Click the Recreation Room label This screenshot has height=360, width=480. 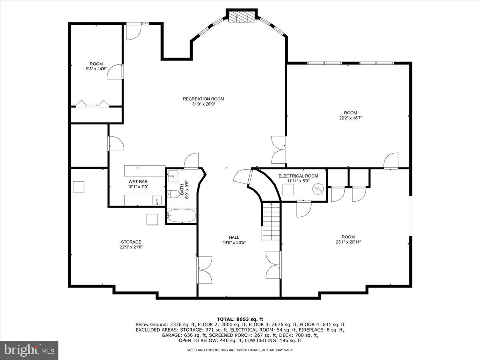pos(203,99)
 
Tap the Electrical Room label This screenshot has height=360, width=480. pos(298,176)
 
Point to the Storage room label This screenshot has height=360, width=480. pos(131,242)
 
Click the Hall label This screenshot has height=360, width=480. pos(234,237)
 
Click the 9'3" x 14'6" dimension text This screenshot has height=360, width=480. pos(96,69)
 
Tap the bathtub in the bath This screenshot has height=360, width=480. pos(181,216)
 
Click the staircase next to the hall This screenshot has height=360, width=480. pos(271,221)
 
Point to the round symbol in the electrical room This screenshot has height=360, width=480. pos(318,188)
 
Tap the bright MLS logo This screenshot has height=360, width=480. pos(29,350)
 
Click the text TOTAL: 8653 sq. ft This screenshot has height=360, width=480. pos(240,319)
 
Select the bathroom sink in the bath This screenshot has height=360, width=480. pos(172,175)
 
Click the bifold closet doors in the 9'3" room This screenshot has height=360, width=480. pos(92,103)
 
